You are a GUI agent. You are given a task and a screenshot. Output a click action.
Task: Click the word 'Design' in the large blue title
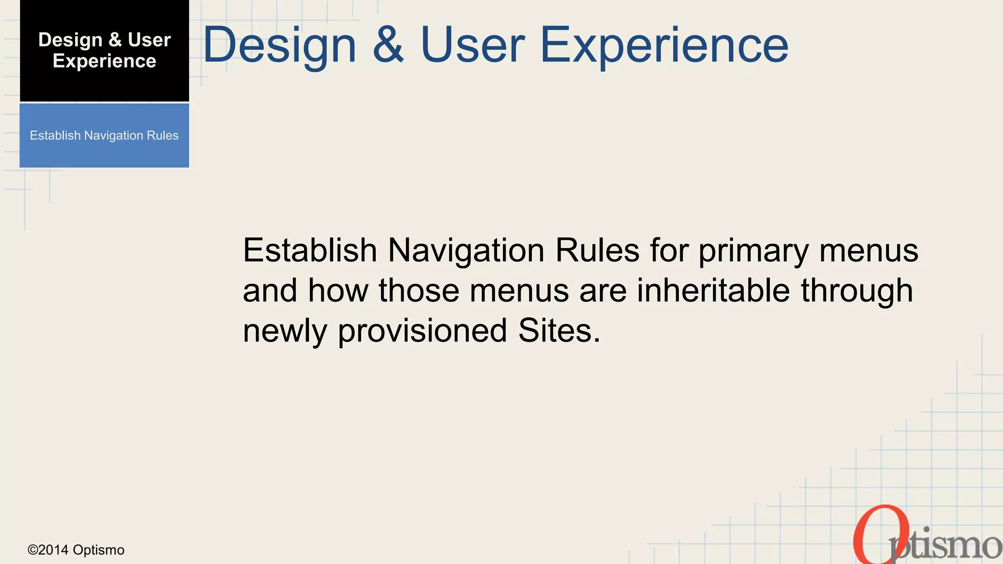[280, 45]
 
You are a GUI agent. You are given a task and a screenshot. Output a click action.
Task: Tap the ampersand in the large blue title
[388, 45]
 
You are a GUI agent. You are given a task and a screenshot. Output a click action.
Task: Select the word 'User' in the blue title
[473, 45]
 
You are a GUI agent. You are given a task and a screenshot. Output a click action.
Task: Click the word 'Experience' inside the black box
[104, 61]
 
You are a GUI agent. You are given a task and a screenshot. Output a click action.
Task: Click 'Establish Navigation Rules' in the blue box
[104, 136]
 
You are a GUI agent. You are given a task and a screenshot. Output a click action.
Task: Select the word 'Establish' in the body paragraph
[310, 250]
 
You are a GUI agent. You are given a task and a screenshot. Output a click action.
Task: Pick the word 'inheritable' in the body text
[713, 290]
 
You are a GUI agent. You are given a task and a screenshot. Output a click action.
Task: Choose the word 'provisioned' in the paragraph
[422, 331]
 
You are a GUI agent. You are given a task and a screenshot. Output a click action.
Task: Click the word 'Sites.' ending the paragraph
[559, 330]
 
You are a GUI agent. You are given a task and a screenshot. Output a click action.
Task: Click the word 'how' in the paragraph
[338, 290]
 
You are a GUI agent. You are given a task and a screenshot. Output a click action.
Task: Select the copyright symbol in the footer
[33, 550]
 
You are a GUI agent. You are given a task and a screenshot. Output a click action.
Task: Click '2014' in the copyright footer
[53, 550]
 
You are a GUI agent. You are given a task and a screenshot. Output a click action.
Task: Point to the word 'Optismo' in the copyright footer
[98, 550]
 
